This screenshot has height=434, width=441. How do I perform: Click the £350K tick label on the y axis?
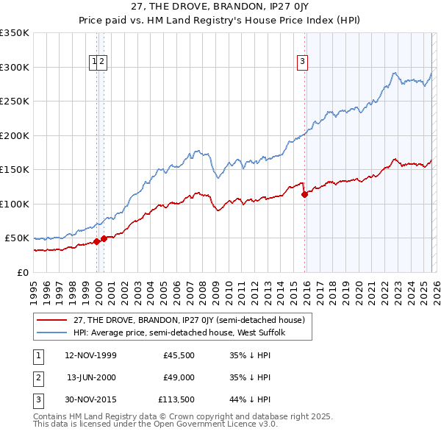click(x=15, y=33)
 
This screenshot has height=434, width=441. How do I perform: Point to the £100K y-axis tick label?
click(x=15, y=204)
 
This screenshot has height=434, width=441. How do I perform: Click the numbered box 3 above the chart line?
click(x=302, y=63)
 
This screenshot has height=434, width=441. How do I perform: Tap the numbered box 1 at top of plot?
click(x=95, y=63)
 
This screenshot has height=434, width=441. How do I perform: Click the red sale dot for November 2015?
click(x=304, y=194)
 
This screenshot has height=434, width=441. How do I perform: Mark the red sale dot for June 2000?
click(x=104, y=238)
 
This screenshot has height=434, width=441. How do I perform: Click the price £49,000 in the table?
click(x=179, y=377)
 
